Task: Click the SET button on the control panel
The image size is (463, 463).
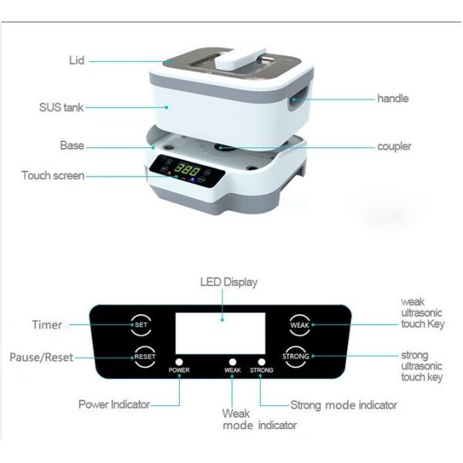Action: click(141, 325)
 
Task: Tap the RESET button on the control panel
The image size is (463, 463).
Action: click(144, 357)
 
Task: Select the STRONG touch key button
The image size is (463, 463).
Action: click(296, 357)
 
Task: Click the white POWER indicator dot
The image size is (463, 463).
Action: click(179, 360)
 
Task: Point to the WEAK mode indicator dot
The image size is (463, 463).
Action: click(232, 360)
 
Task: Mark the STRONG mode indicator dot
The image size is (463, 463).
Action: click(262, 360)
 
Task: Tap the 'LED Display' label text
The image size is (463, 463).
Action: click(228, 282)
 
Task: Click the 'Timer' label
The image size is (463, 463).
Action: click(47, 325)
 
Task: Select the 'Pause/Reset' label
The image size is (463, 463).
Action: click(40, 357)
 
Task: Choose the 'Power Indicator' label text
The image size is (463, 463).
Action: click(114, 404)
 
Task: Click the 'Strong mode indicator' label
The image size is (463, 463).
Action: click(343, 404)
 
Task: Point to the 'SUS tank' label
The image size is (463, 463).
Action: click(61, 107)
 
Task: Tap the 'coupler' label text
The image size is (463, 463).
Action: click(394, 146)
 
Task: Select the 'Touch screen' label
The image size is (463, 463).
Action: click(53, 176)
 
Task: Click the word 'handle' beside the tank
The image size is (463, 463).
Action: click(393, 98)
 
